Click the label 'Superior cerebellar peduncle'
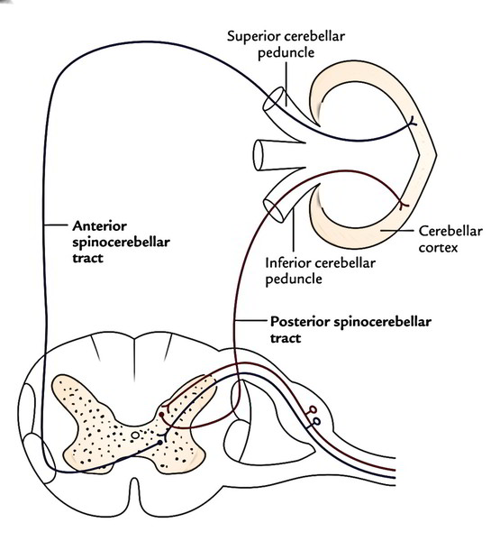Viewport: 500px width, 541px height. pyautogui.click(x=286, y=44)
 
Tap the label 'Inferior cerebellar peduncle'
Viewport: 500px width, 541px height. pyautogui.click(x=321, y=271)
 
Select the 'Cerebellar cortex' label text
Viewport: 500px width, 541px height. pyautogui.click(x=450, y=239)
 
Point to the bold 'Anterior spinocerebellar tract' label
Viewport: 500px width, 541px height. pyautogui.click(x=121, y=242)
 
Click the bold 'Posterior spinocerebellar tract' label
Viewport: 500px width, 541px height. pyautogui.click(x=350, y=329)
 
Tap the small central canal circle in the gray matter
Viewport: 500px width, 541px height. pyautogui.click(x=135, y=436)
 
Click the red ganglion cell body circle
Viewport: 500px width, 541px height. pyautogui.click(x=313, y=409)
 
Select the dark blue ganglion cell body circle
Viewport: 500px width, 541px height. pyautogui.click(x=316, y=422)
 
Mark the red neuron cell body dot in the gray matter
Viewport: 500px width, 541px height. pyautogui.click(x=161, y=414)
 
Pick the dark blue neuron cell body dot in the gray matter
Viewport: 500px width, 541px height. pyautogui.click(x=159, y=443)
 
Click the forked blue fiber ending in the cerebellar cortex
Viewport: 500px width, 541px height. pyautogui.click(x=412, y=123)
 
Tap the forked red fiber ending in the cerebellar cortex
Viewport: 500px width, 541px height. pyautogui.click(x=402, y=205)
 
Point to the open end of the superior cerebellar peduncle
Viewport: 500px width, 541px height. pyautogui.click(x=275, y=99)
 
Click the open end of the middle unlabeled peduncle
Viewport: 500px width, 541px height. pyautogui.click(x=259, y=155)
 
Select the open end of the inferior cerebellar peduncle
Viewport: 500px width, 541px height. pyautogui.click(x=274, y=210)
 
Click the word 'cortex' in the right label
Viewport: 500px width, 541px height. pyautogui.click(x=438, y=247)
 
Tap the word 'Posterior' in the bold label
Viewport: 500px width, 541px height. pyautogui.click(x=300, y=322)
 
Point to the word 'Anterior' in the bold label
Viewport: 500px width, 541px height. pyautogui.click(x=100, y=226)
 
